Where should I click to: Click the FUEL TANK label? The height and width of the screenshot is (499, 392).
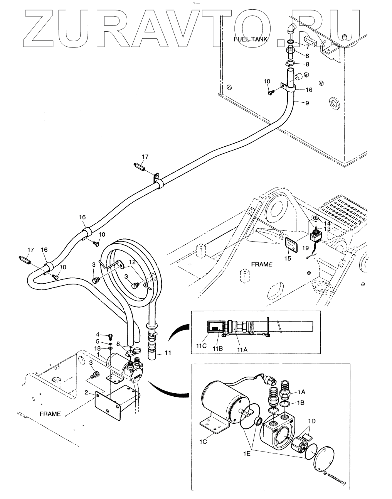click(250, 39)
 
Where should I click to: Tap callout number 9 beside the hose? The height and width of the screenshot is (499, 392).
click(307, 103)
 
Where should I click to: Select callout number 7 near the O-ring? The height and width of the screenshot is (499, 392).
click(308, 47)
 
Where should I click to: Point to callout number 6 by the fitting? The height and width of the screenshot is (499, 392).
click(307, 56)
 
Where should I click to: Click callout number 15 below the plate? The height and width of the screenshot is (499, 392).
click(288, 258)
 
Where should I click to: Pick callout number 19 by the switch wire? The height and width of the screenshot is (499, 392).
click(306, 248)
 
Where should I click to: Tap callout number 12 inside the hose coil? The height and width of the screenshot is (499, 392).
click(132, 262)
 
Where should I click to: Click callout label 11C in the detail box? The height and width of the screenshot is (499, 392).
click(201, 346)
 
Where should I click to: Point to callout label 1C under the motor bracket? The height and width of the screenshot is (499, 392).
click(203, 442)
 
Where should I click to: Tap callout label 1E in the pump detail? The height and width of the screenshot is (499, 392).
click(247, 453)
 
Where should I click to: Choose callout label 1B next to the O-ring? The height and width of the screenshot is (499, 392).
click(301, 403)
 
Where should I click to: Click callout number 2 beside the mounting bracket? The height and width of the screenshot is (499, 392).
click(86, 392)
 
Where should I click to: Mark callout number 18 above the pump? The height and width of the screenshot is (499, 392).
click(98, 348)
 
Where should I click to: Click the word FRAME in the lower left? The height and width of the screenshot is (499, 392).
click(50, 414)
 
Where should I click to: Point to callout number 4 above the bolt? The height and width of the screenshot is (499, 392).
click(98, 334)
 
